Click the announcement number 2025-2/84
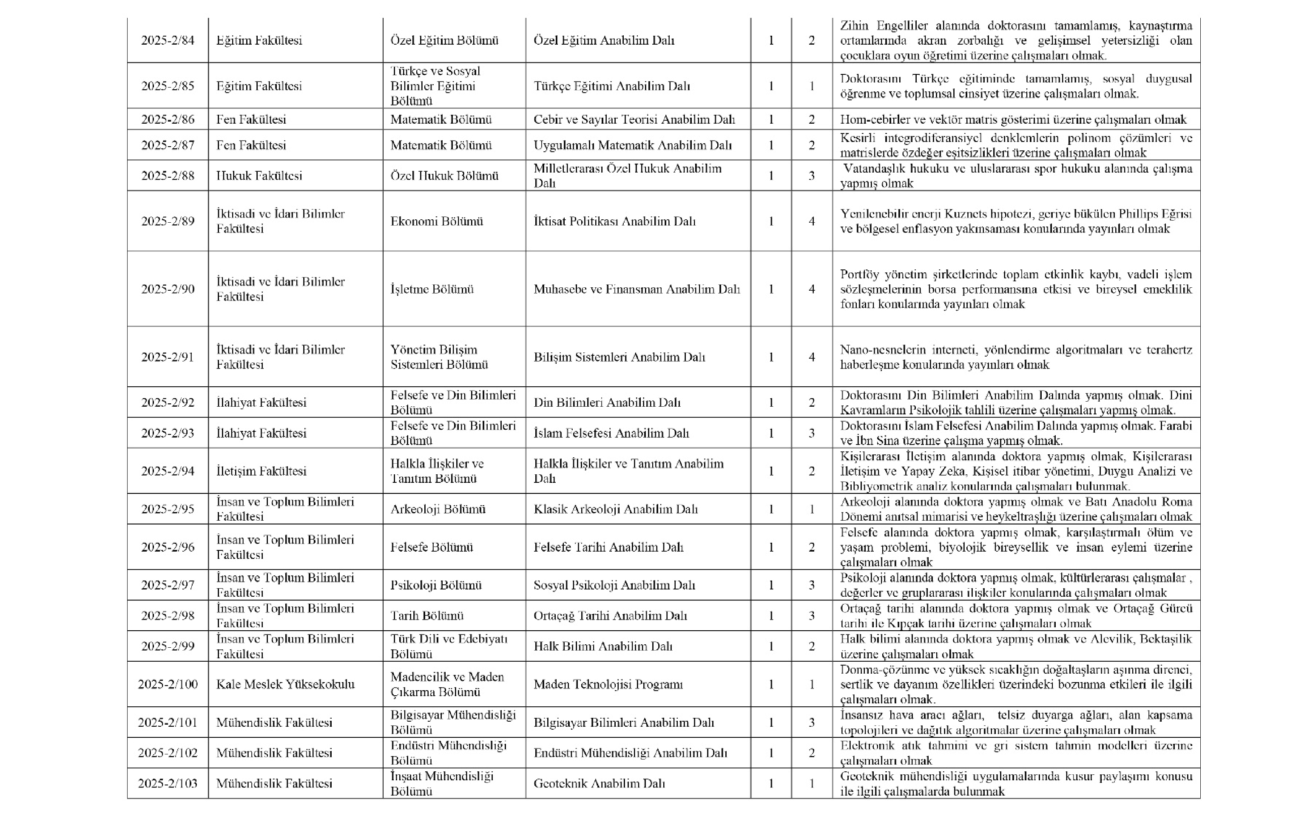coord(168,40)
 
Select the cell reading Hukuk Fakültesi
coord(259,176)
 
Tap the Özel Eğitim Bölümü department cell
coord(444,40)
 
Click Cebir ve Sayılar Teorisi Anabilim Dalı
coord(634,119)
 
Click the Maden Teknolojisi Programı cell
coord(608,684)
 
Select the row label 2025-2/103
coord(168,784)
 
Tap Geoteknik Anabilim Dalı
coord(599,784)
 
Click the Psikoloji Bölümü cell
coord(435,586)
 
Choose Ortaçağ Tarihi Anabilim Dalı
coord(610,616)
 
